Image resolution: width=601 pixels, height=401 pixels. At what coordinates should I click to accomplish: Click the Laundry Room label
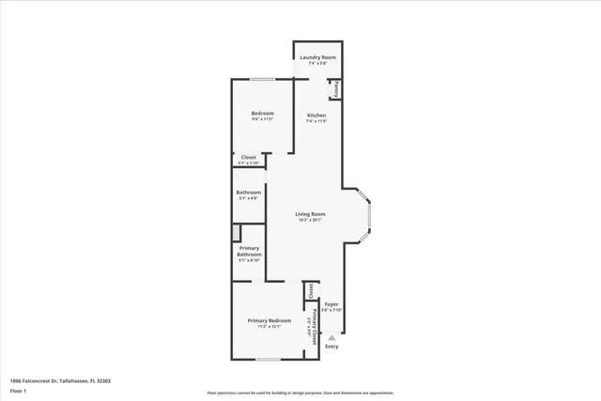click(316, 58)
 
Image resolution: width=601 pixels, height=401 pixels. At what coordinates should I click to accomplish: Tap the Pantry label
click(335, 89)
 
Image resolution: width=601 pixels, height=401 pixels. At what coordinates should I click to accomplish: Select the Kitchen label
click(316, 115)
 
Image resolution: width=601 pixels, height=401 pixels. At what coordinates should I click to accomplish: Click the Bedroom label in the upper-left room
click(262, 114)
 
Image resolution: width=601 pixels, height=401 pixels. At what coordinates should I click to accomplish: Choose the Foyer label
click(331, 304)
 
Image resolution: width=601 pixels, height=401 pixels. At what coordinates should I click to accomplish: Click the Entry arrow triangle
click(331, 336)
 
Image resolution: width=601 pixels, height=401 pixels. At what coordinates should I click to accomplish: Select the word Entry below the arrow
click(331, 347)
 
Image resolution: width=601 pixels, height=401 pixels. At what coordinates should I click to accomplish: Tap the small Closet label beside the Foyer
click(311, 290)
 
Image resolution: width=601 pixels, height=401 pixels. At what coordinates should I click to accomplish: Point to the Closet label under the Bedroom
click(249, 157)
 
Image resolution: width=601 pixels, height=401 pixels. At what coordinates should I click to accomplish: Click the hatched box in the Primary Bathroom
click(238, 233)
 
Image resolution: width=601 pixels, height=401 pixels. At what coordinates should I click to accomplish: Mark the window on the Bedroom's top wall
click(262, 79)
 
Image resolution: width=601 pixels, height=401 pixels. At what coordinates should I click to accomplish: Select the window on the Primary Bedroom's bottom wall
click(268, 359)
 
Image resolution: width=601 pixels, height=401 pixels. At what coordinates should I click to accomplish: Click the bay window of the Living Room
click(370, 214)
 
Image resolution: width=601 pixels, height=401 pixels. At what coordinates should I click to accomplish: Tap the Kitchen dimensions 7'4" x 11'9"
click(316, 121)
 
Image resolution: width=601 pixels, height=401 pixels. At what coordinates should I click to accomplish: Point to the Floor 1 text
click(19, 393)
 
